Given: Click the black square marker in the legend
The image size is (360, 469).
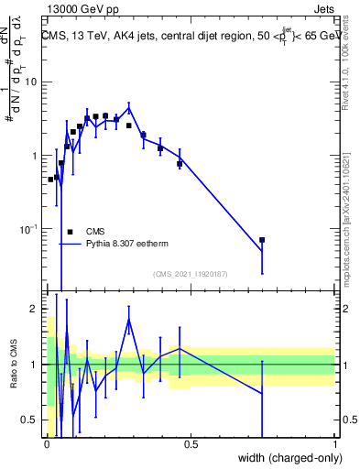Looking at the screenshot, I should coord(70,232).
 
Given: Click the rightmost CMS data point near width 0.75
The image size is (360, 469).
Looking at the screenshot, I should coord(262,240).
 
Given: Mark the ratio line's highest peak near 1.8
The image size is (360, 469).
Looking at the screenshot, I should coord(129,319).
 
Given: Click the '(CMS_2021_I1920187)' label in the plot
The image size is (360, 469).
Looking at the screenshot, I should coord(190,274).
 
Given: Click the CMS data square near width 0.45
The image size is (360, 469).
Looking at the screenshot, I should coord(180,164).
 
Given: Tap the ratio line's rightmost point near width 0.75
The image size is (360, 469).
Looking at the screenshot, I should coord(262,393).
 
